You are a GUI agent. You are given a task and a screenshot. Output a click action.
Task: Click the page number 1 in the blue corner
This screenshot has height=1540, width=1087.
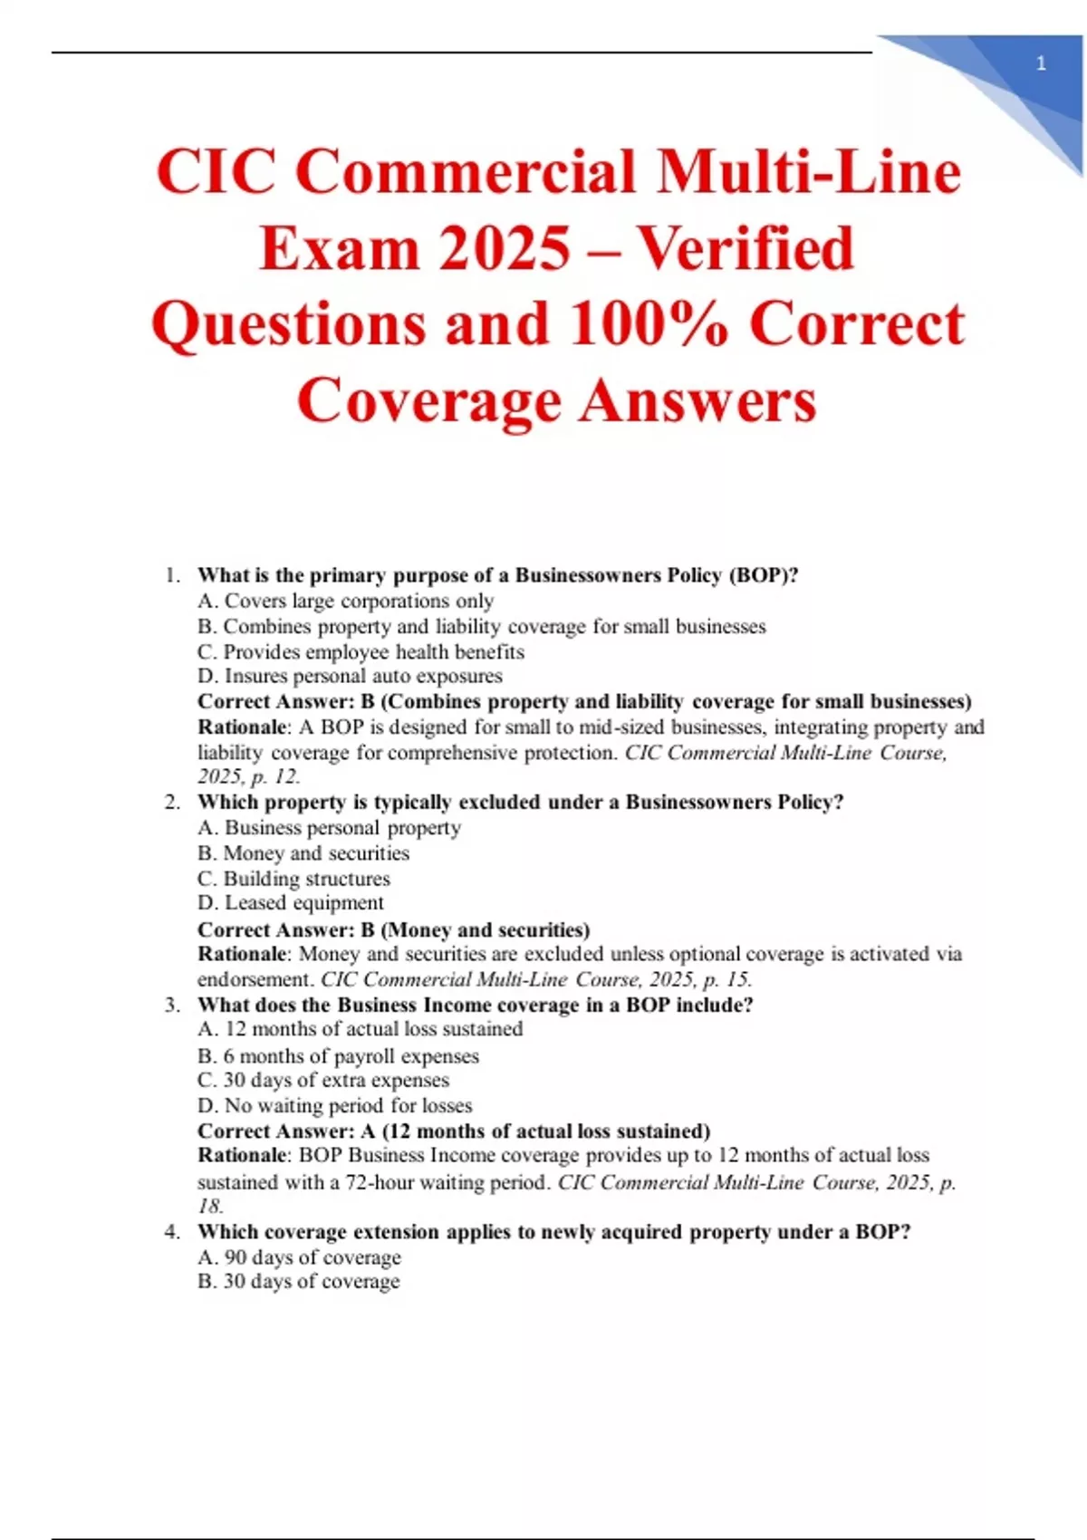click(1041, 63)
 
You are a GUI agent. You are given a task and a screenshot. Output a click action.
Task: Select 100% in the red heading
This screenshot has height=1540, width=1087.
click(648, 324)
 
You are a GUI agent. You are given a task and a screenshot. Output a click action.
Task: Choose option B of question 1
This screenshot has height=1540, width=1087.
click(481, 627)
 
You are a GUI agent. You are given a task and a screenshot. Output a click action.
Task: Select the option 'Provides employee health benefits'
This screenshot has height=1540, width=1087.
click(361, 652)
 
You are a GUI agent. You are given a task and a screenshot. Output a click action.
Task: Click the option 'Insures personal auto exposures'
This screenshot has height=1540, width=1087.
click(350, 677)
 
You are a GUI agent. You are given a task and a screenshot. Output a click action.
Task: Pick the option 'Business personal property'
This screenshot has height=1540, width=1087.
click(329, 828)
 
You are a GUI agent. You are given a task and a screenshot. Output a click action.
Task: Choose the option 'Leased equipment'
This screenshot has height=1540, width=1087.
click(291, 903)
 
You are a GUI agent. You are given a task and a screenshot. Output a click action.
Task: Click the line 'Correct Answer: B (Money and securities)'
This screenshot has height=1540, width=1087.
click(393, 929)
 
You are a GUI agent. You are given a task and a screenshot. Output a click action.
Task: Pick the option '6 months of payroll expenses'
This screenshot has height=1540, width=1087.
click(338, 1056)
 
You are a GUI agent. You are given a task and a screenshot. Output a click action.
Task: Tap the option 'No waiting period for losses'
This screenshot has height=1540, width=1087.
click(335, 1106)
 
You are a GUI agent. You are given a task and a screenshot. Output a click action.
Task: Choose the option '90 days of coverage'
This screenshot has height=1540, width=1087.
click(299, 1257)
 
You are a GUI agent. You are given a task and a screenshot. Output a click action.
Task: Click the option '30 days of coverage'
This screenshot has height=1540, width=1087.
click(299, 1282)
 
